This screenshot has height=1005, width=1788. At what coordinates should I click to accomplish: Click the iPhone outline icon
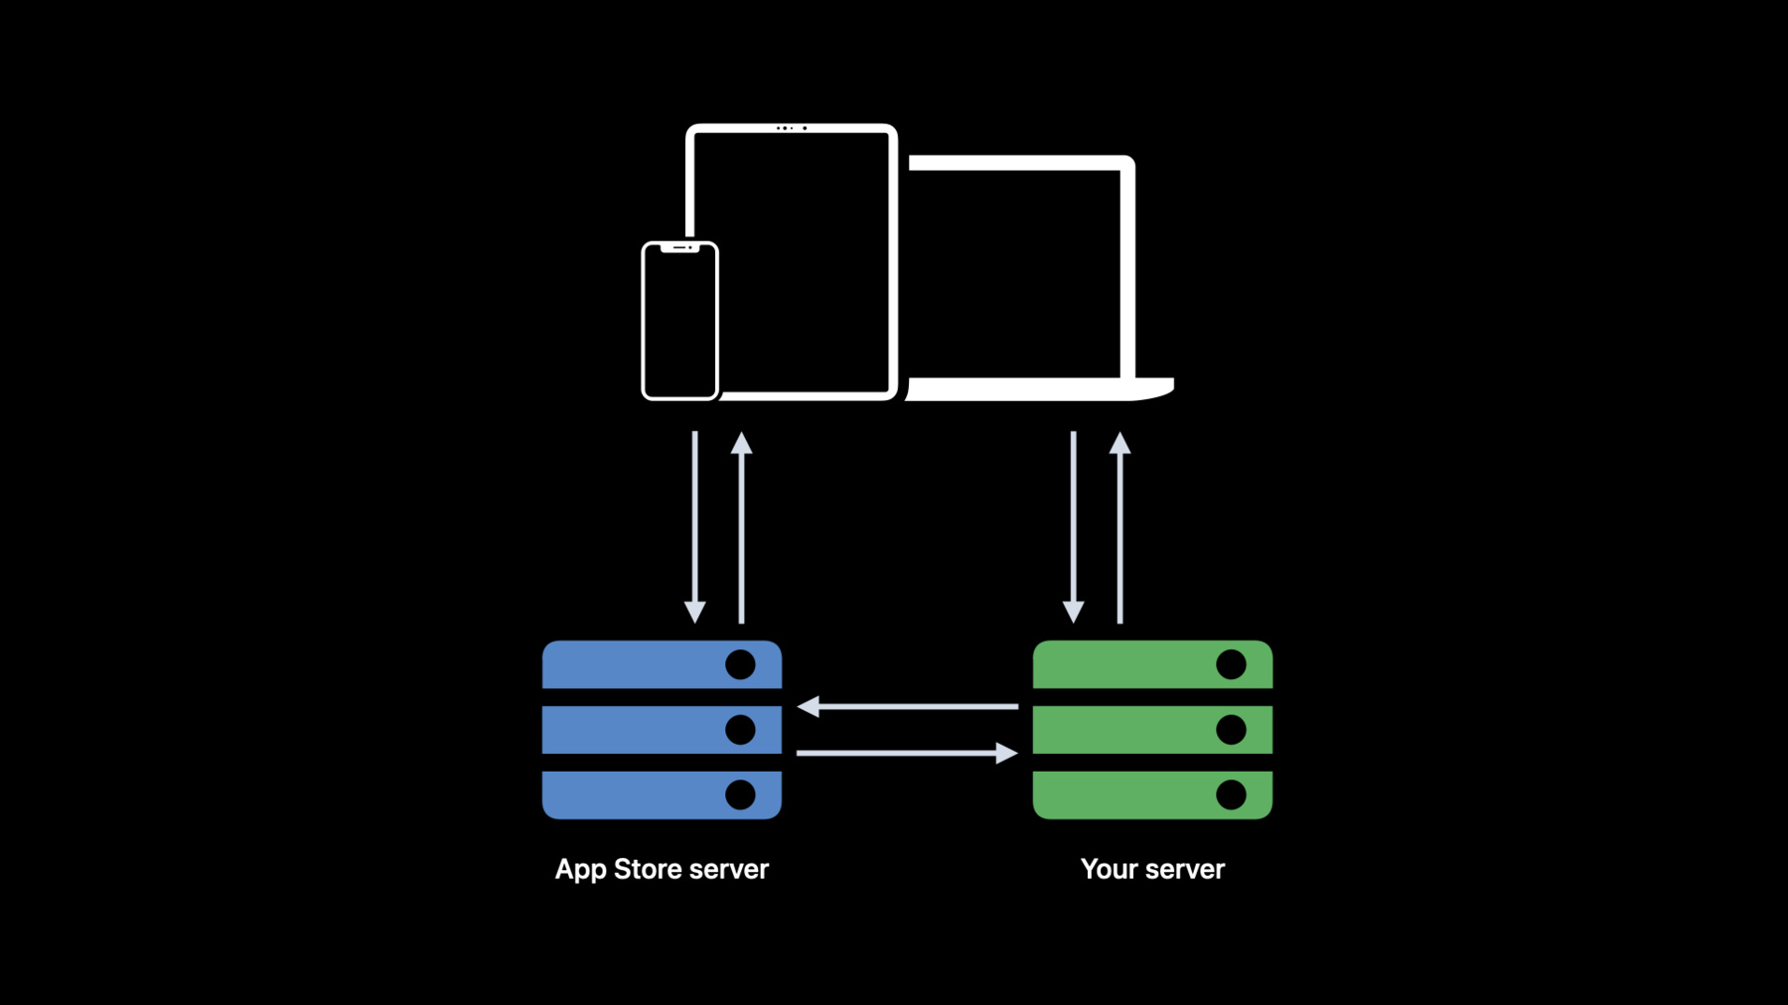pyautogui.click(x=644, y=321)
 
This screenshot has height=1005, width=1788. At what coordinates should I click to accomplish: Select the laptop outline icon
pyautogui.click(x=1128, y=268)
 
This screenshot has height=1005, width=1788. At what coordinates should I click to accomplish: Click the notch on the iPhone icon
pyautogui.click(x=679, y=247)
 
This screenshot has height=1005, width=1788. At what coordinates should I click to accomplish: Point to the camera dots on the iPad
pyautogui.click(x=792, y=128)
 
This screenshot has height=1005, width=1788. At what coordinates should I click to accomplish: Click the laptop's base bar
pyautogui.click(x=1039, y=389)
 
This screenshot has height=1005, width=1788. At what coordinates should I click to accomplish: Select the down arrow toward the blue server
pyautogui.click(x=695, y=527)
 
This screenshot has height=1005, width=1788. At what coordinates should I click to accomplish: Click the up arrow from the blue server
pyautogui.click(x=741, y=527)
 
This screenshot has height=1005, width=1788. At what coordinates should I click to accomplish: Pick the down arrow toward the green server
pyautogui.click(x=1074, y=527)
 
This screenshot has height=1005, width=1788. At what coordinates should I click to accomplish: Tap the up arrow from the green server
pyautogui.click(x=1120, y=527)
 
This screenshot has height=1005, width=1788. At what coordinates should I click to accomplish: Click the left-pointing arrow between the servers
pyautogui.click(x=908, y=706)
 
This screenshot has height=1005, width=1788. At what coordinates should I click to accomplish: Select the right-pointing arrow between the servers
pyautogui.click(x=908, y=753)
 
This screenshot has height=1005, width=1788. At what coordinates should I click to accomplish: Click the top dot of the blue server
pyautogui.click(x=740, y=664)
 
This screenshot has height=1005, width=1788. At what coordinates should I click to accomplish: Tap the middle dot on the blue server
pyautogui.click(x=740, y=730)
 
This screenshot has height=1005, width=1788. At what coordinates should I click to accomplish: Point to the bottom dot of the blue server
pyautogui.click(x=740, y=794)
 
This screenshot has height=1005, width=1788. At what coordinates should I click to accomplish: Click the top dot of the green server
pyautogui.click(x=1231, y=664)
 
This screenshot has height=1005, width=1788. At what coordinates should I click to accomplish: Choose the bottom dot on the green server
pyautogui.click(x=1231, y=794)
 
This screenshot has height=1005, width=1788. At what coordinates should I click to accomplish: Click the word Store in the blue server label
pyautogui.click(x=648, y=869)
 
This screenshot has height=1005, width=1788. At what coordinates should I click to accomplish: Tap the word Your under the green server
pyautogui.click(x=1110, y=869)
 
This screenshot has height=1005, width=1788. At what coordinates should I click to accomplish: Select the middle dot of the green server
pyautogui.click(x=1231, y=730)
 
